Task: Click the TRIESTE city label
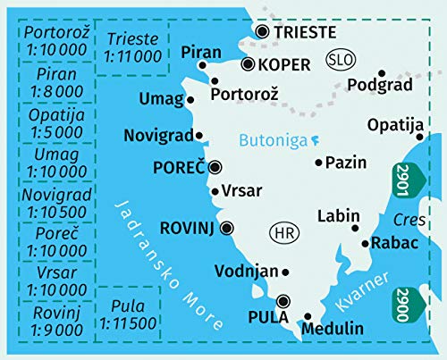pyautogui.click(x=306, y=33)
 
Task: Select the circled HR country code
pyautogui.click(x=282, y=234)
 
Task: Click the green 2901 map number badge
pyautogui.click(x=404, y=181)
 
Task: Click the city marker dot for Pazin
pyautogui.click(x=319, y=163)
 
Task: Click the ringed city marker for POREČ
pyautogui.click(x=215, y=167)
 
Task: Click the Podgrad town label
pyautogui.click(x=379, y=86)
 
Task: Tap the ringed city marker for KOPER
pyautogui.click(x=248, y=64)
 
